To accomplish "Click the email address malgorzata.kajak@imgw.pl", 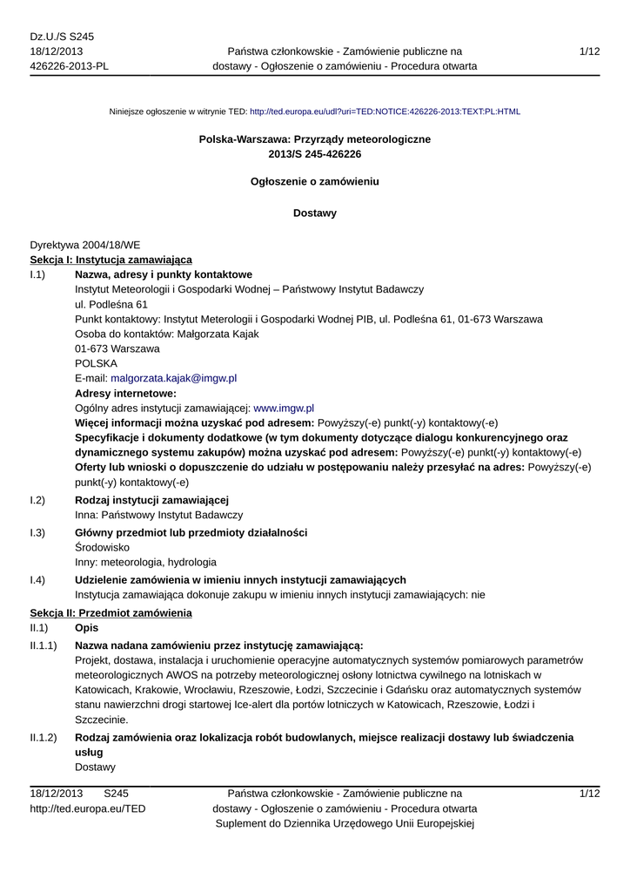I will coord(174,378).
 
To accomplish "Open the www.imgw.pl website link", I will coord(283,408).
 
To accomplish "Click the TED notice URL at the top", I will coord(385,112).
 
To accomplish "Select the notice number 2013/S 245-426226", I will coord(315,154).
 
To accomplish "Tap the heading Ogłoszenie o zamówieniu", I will coord(315,182).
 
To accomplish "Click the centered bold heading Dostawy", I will coord(315,213).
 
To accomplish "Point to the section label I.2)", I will coord(37,499).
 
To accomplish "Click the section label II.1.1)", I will coord(44,645).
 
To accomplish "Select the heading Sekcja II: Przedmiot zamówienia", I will coord(111,613).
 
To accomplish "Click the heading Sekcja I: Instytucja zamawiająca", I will coord(111,260).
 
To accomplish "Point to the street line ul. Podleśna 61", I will coord(111,304).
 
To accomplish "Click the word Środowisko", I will coord(103,547).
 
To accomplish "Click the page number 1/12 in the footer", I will coord(589,794).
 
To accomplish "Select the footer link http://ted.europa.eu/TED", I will coord(88,808).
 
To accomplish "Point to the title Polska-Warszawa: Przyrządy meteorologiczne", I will coord(315,139).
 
